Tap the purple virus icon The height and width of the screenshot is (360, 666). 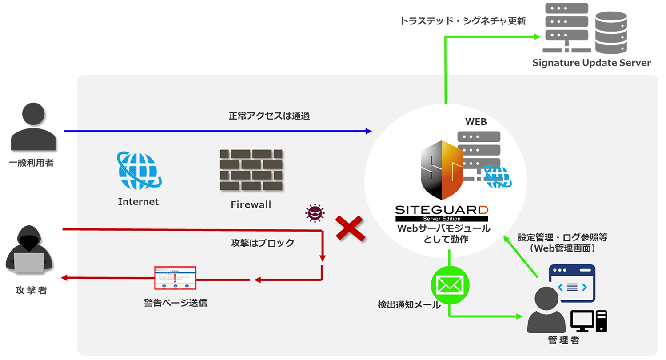pos(315,213)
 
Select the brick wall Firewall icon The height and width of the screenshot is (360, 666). pos(251,170)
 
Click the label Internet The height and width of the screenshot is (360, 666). pos(138,202)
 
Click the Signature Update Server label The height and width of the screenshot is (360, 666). pos(592,63)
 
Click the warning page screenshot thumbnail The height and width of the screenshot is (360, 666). pos(175,278)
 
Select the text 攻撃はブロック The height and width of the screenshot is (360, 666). pos(263,243)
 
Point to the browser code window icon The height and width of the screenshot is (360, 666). pos(572,284)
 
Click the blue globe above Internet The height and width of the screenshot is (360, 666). pos(138,172)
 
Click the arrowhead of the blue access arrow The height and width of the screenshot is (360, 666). pos(368,131)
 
